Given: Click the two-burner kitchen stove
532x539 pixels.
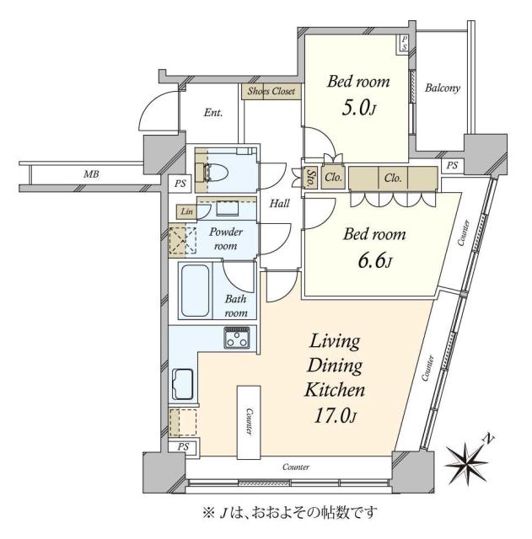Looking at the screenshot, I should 236,339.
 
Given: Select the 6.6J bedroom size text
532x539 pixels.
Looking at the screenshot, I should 373,261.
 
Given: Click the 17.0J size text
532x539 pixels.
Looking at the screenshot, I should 335,414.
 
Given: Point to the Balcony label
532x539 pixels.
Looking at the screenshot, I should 442,88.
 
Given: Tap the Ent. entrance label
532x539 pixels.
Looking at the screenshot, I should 213,112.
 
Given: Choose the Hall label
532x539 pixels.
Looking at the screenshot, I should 281,203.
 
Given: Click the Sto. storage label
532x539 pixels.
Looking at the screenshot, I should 309,178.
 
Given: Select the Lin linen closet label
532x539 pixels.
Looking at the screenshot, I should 184,211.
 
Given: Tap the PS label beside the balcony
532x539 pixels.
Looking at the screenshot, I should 453,165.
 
